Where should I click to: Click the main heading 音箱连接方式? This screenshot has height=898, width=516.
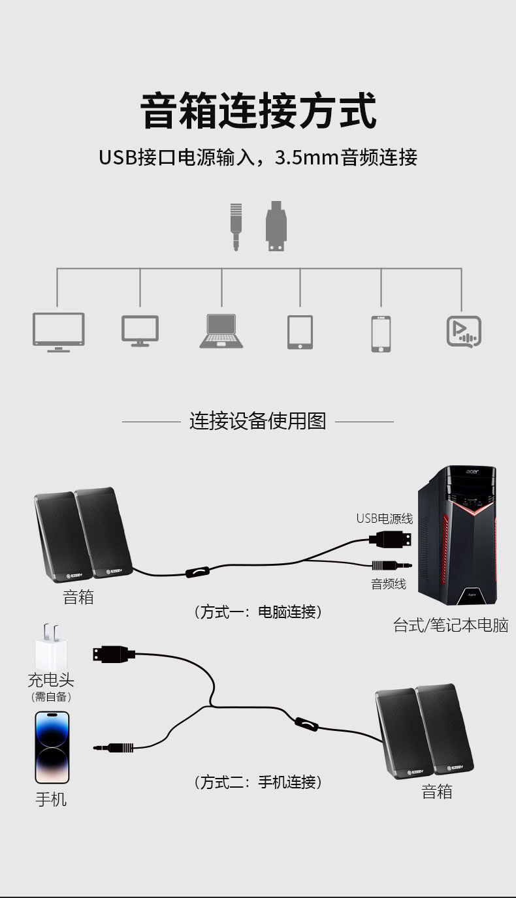tap(258, 111)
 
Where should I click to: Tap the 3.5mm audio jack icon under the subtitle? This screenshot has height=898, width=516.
tap(236, 226)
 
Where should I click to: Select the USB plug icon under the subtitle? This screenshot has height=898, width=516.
tap(276, 226)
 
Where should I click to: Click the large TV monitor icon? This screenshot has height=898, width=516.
tap(59, 332)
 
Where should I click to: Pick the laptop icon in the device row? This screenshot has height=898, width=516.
tap(221, 331)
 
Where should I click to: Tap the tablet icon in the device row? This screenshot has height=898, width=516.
tap(300, 332)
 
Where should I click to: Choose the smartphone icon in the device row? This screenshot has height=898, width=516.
tap(381, 333)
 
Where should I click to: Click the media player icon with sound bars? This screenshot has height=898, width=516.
tap(464, 332)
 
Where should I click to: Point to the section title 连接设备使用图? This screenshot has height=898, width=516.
tap(257, 421)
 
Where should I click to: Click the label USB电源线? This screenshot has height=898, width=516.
tap(384, 519)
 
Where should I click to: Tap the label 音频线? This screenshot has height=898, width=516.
tap(389, 584)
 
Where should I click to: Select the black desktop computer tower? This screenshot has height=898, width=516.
tap(458, 535)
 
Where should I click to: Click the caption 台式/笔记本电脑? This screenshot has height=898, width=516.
tap(450, 625)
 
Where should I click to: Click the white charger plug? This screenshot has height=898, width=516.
tap(51, 646)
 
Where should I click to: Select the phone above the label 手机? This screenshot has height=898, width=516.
tap(52, 747)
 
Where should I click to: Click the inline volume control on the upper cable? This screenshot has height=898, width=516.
tap(197, 572)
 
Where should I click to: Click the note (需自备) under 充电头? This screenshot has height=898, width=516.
tap(51, 697)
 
